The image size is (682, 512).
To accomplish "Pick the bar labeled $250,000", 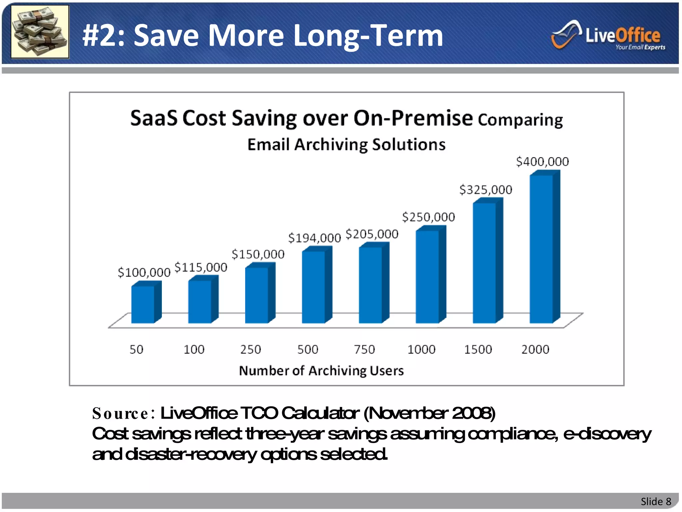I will (x=428, y=277).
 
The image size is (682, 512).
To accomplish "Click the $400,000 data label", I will (x=542, y=162).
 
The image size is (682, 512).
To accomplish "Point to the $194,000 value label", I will (x=315, y=238).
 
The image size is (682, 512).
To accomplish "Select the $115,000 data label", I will (x=201, y=267).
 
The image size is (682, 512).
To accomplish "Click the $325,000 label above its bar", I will (x=486, y=190).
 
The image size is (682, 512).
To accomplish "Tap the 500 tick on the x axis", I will (x=308, y=350).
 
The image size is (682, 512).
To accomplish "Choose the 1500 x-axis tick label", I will (x=478, y=350).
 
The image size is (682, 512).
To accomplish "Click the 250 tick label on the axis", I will (x=251, y=350).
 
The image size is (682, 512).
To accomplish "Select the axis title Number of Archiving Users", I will (x=321, y=371).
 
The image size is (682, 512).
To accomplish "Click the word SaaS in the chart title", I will (x=154, y=118).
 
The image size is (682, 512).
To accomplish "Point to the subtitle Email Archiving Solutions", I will (x=346, y=145).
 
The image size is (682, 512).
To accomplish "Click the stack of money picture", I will (x=40, y=32).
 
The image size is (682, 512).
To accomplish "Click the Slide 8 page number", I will (x=656, y=501).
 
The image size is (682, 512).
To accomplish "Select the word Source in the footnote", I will (x=121, y=414).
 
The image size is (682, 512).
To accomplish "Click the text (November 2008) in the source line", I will (x=429, y=413).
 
